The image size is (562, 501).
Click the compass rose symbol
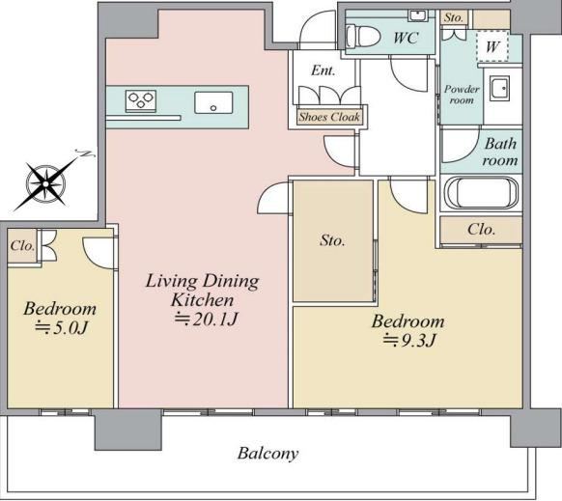pyautogui.click(x=46, y=183)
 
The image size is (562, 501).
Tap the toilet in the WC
pyautogui.click(x=363, y=36)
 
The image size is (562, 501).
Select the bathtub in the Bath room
pyautogui.click(x=481, y=193)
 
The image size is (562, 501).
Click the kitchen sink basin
pyautogui.click(x=213, y=103)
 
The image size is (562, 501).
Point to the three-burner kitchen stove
pyautogui.click(x=141, y=100)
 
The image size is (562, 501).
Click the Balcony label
pyautogui.click(x=267, y=454)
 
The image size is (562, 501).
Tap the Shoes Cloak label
pyautogui.click(x=329, y=117)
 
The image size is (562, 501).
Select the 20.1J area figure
pyautogui.click(x=207, y=319)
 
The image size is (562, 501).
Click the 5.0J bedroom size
pyautogui.click(x=61, y=327)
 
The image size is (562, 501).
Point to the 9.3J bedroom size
pyautogui.click(x=409, y=340)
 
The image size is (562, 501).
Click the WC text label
pyautogui.click(x=406, y=38)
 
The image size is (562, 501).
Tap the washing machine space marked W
pyautogui.click(x=492, y=46)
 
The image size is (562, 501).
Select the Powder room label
pyautogui.click(x=462, y=95)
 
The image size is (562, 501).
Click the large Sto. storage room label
pyautogui.click(x=332, y=240)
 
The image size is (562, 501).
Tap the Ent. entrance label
pyautogui.click(x=323, y=70)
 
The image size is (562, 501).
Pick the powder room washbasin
pyautogui.click(x=499, y=88)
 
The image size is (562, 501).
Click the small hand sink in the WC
pyautogui.click(x=418, y=15)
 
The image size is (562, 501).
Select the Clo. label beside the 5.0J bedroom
pyautogui.click(x=22, y=246)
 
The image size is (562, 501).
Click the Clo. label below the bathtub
pyautogui.click(x=481, y=230)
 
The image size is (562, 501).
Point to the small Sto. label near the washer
pyautogui.click(x=454, y=17)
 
